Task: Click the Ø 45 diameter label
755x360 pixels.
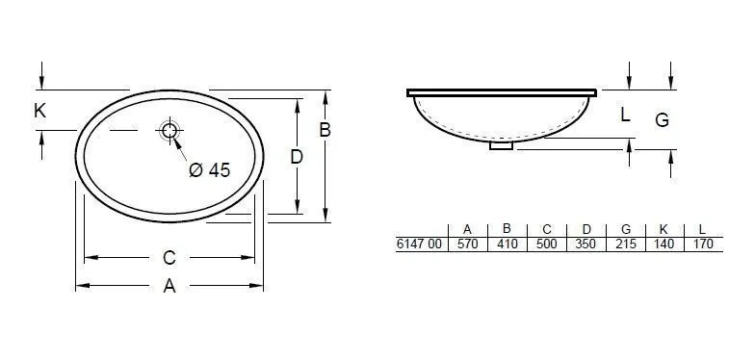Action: click(209, 170)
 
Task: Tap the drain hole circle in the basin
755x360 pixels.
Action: click(170, 131)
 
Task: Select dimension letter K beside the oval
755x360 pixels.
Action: click(39, 112)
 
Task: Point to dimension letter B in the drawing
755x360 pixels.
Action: click(325, 130)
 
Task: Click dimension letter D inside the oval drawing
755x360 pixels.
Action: click(297, 156)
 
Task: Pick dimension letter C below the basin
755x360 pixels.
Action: click(169, 258)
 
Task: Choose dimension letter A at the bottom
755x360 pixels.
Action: click(169, 286)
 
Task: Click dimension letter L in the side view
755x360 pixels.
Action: click(625, 116)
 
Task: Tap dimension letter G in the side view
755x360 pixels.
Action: click(662, 120)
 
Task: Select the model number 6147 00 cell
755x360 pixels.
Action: click(421, 244)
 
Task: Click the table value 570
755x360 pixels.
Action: click(467, 244)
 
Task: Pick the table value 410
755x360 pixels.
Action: click(507, 244)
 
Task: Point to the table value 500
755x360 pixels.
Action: click(546, 244)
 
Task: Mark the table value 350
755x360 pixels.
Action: click(586, 244)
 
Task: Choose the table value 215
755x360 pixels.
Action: click(625, 244)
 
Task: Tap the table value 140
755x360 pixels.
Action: click(664, 244)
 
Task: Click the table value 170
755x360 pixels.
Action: click(702, 244)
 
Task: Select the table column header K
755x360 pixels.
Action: click(664, 229)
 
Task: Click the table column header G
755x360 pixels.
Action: click(625, 229)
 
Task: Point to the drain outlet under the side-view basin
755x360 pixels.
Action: click(502, 146)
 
